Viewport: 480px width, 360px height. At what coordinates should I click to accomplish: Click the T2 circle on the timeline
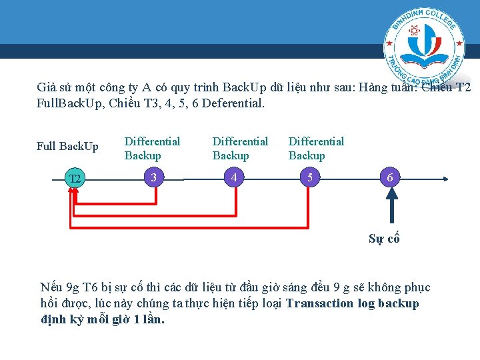(x=75, y=179)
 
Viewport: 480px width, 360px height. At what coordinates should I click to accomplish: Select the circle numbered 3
(x=153, y=178)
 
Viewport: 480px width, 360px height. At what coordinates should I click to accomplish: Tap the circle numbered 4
(x=233, y=178)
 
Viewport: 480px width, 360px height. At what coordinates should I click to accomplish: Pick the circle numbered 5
(x=309, y=178)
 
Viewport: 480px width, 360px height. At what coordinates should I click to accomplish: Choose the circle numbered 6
(x=390, y=178)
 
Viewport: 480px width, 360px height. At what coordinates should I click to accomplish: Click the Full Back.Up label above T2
(x=67, y=147)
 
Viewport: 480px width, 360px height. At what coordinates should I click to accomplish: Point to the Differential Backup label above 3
(x=152, y=148)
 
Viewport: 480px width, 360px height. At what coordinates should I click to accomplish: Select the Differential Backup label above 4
(x=240, y=148)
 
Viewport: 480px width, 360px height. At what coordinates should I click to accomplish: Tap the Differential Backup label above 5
(x=316, y=148)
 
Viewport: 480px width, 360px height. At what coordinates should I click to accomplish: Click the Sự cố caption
(x=384, y=239)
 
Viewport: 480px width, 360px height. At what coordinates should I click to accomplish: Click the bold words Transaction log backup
(x=352, y=303)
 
